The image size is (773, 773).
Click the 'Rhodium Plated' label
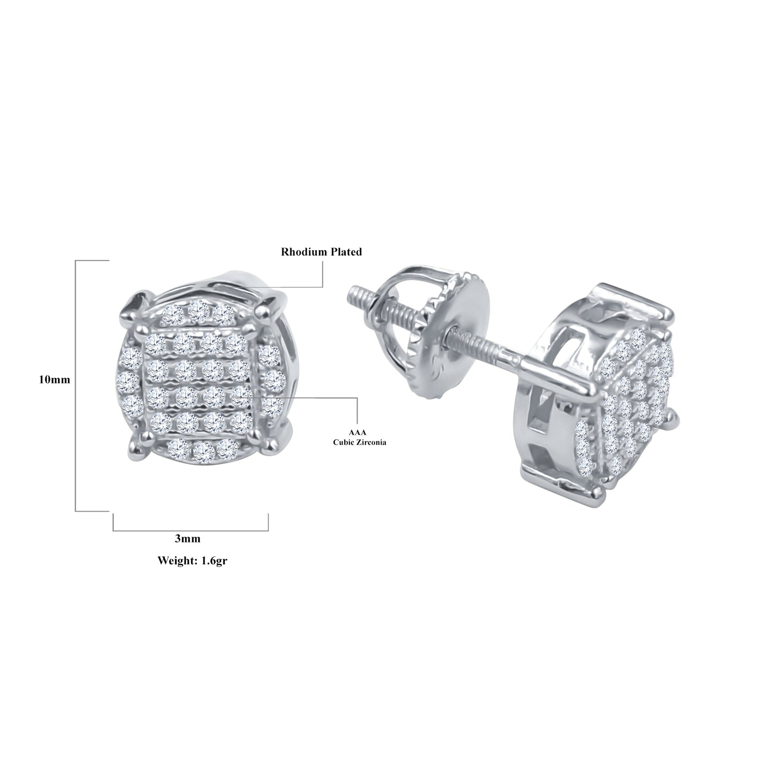(x=322, y=252)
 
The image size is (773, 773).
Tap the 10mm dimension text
(x=54, y=380)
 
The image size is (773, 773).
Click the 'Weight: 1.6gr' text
(x=188, y=560)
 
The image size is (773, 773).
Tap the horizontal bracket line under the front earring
(x=191, y=531)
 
